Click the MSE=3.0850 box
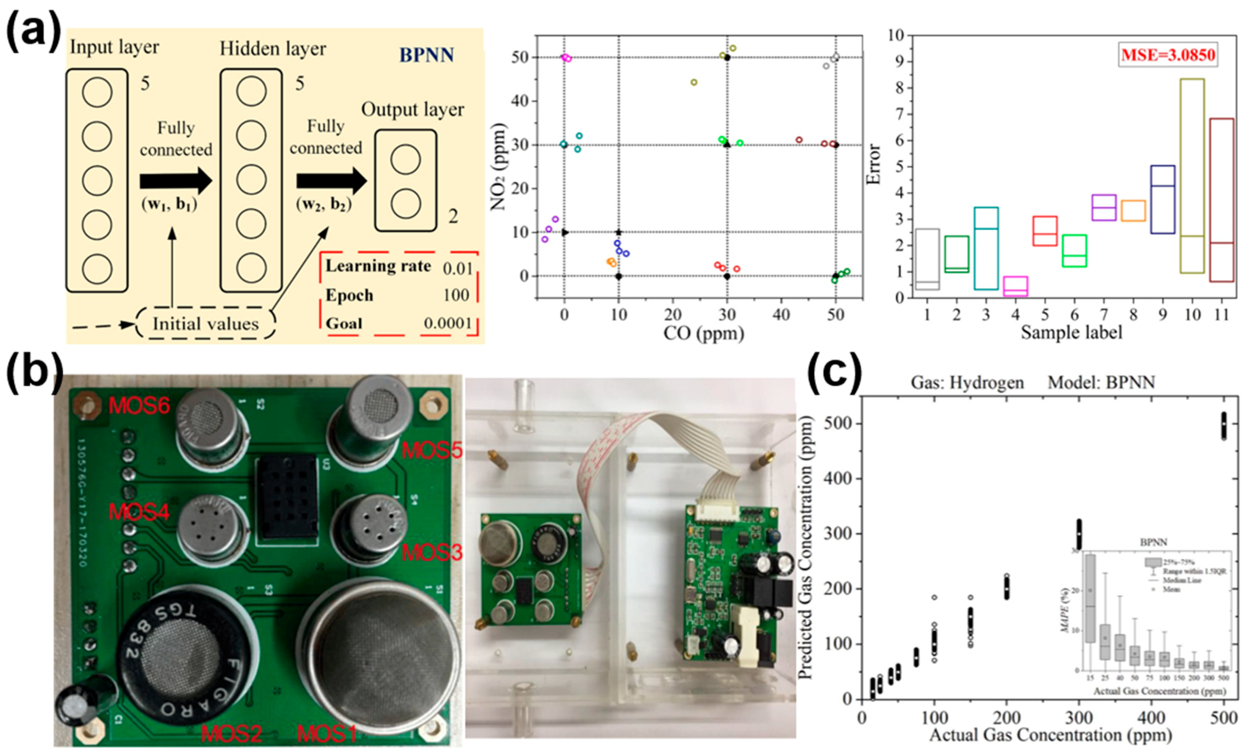click(x=1167, y=54)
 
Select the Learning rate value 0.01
click(x=457, y=268)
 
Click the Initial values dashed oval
click(x=206, y=323)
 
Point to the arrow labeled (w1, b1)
click(x=176, y=181)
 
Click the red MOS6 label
click(x=139, y=406)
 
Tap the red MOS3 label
click(x=432, y=552)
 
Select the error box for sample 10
click(x=1192, y=176)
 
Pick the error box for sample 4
click(x=1015, y=286)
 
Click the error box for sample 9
click(x=1163, y=199)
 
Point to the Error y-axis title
click(x=874, y=164)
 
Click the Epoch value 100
click(x=455, y=295)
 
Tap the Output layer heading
click(x=412, y=110)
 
